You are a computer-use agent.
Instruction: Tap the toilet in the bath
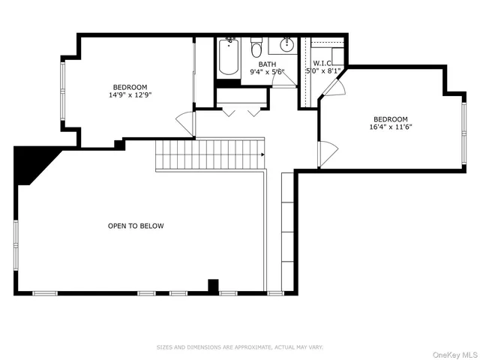coord(256,50)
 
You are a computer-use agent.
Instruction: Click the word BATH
coord(267,64)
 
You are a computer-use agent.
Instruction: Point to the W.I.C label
coord(323,63)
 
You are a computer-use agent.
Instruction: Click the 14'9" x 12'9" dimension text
coord(130,95)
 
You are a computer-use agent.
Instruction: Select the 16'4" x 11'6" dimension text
coord(391,127)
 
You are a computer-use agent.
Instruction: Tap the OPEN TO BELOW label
coord(136,226)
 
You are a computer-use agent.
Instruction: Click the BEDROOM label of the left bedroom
coord(130,87)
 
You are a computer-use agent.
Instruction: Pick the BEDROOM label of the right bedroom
coord(391,118)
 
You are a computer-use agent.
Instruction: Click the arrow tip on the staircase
coord(263,154)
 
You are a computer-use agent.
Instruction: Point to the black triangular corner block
coord(31,163)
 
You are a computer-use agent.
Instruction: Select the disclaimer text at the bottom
coord(239,347)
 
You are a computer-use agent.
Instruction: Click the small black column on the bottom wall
coord(212,286)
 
